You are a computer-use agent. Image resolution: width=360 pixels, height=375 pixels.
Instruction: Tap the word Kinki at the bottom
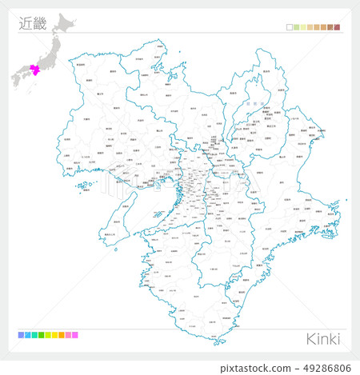tap(323, 338)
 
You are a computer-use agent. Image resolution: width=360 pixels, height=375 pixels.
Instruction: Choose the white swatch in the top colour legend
tap(289, 27)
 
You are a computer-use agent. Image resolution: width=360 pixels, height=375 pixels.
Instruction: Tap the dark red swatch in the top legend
tap(338, 27)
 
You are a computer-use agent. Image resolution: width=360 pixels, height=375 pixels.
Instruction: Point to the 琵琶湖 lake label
tap(250, 105)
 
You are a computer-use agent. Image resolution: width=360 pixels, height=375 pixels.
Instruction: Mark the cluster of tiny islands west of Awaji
tap(83, 188)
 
